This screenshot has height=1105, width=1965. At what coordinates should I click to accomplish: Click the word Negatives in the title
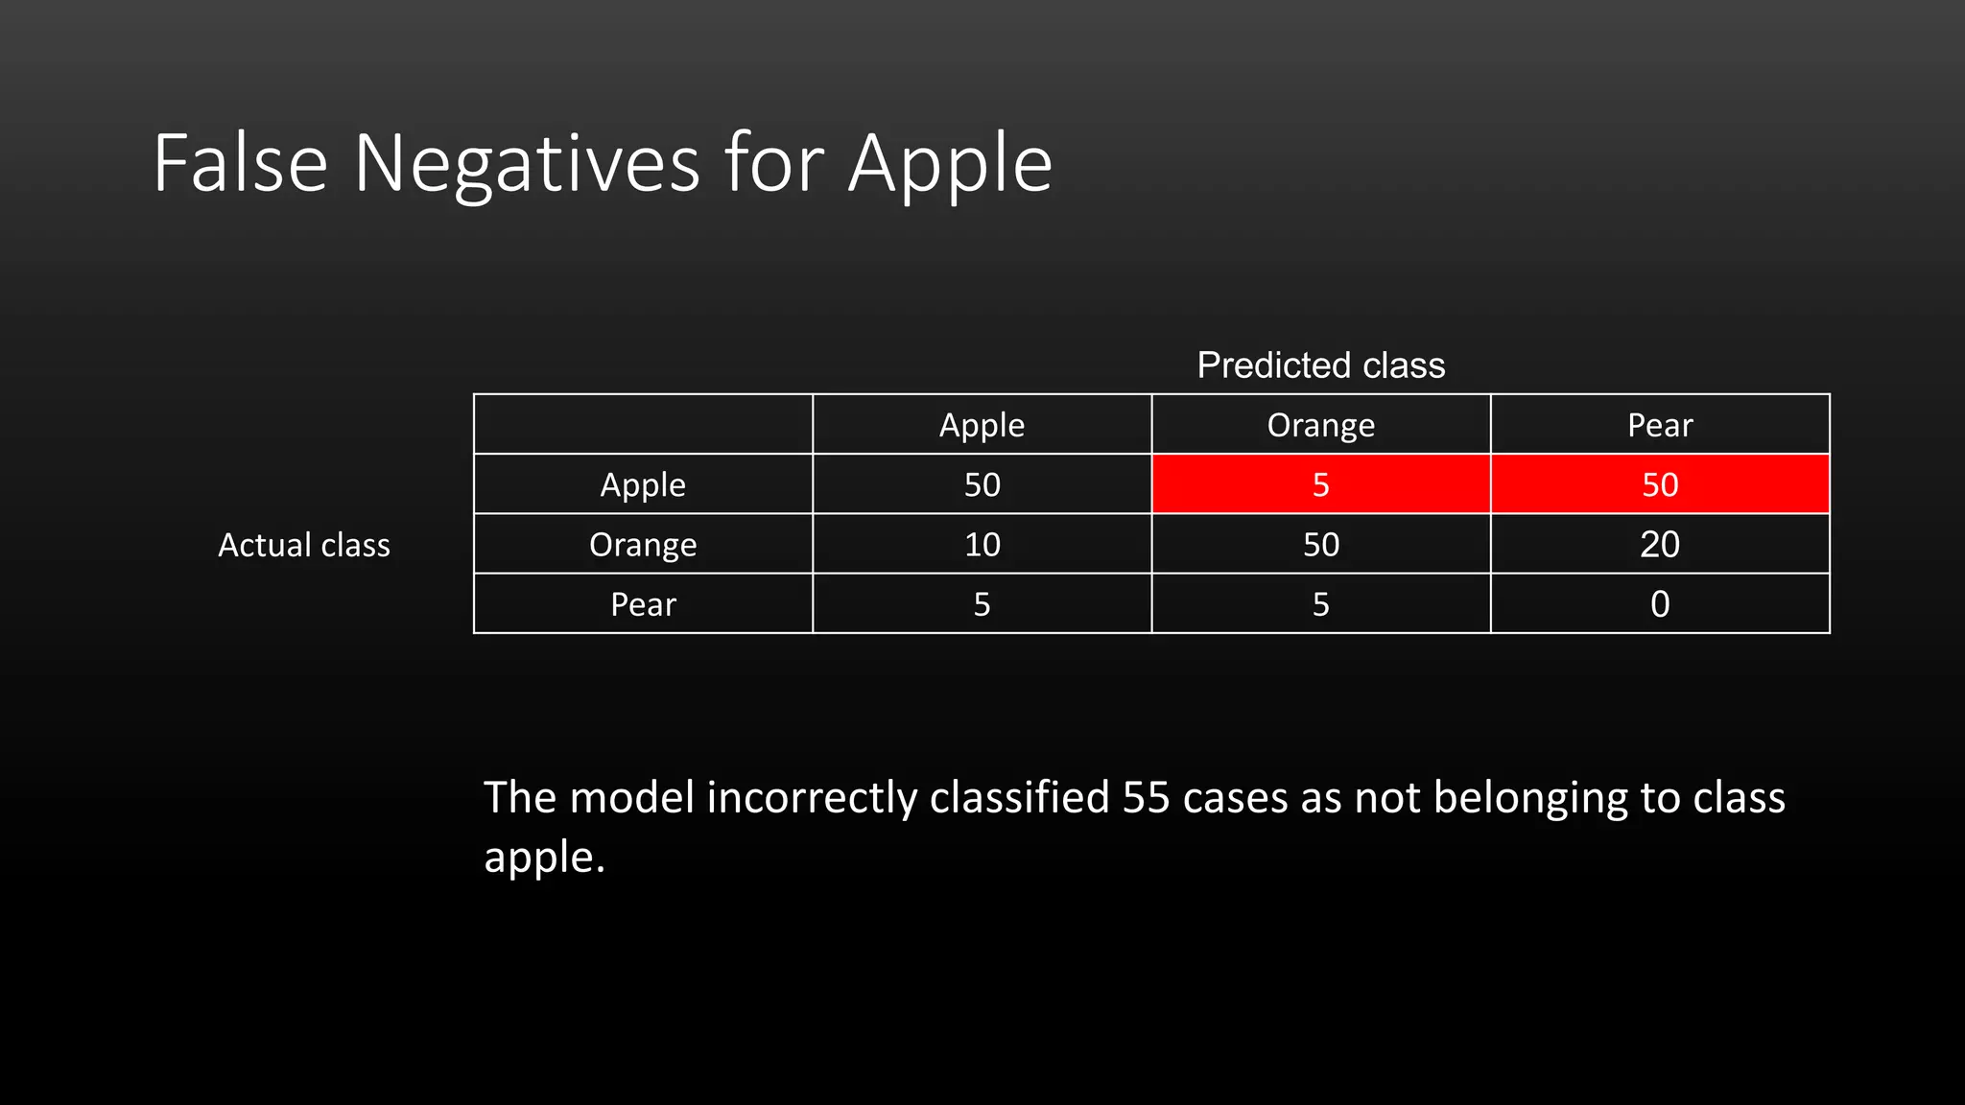pos(527,165)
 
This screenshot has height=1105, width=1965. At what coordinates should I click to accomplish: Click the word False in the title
pos(240,165)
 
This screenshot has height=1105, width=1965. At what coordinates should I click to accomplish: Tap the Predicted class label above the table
pos(1320,365)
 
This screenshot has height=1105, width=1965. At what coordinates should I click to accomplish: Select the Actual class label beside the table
pos(304,545)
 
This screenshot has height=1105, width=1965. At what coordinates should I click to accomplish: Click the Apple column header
pos(982,425)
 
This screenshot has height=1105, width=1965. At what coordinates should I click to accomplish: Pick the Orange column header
pos(1320,425)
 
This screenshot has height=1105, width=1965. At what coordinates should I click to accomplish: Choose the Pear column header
pos(1660,425)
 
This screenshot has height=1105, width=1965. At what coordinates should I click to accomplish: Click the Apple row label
pos(643,484)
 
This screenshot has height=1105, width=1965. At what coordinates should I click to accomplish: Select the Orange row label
pos(643,545)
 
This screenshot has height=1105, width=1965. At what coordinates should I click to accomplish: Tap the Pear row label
pos(643,604)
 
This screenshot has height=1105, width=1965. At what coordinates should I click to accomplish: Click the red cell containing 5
pos(1320,484)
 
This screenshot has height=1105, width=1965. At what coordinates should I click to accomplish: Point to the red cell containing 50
pos(1660,484)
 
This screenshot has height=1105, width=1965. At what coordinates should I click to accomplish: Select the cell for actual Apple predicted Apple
pos(982,484)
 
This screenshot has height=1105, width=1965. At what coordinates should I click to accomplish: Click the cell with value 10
pos(982,545)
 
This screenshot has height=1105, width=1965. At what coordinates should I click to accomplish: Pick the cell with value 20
pos(1660,545)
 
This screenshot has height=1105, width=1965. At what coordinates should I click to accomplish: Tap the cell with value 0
pos(1660,604)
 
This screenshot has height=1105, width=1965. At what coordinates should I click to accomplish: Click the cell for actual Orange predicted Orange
pos(1320,545)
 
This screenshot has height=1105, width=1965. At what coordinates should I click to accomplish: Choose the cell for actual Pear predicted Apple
pos(982,604)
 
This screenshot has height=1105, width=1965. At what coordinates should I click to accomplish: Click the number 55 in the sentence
pos(1146,798)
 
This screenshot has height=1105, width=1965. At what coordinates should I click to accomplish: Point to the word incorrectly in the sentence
pos(812,798)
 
